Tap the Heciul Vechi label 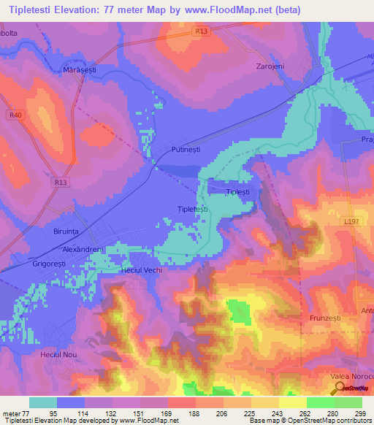[x=141, y=270]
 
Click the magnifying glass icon [x=340, y=388]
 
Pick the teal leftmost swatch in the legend [x=43, y=402]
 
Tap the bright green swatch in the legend [x=320, y=402]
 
